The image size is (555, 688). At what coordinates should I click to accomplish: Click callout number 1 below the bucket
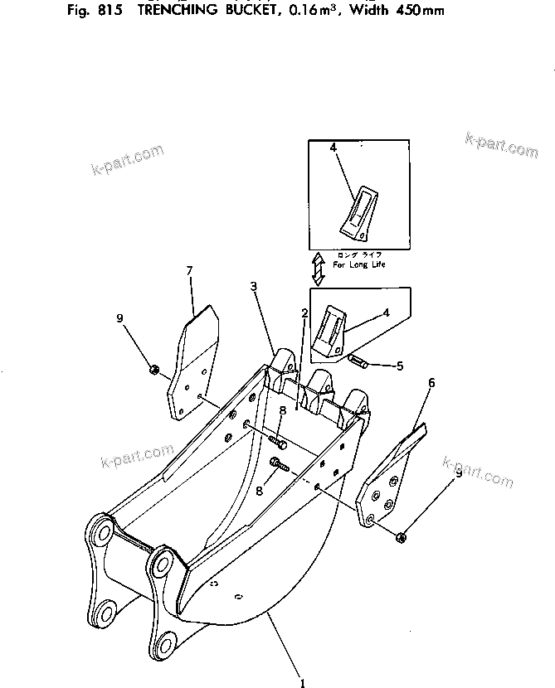[303, 683]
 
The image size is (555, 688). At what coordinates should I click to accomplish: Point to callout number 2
[305, 313]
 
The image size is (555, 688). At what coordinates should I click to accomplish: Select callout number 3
[254, 287]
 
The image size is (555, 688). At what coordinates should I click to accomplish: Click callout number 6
[431, 383]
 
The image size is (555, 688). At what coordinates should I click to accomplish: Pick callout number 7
[189, 270]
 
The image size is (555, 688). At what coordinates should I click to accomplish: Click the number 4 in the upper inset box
[333, 148]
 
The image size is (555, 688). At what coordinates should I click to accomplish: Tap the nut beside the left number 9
[154, 369]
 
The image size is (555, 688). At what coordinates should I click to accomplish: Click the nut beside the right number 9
[402, 537]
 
